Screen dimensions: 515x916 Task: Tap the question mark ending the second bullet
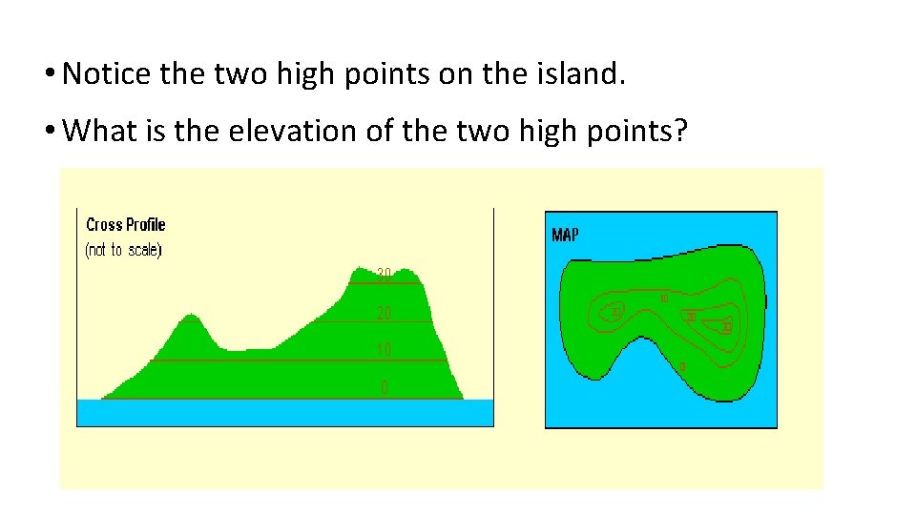point(679,131)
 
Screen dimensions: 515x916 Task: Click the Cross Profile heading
point(125,225)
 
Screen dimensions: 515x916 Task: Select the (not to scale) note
point(124,250)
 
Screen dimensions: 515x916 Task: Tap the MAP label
point(565,235)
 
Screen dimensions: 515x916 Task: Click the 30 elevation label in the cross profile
point(384,275)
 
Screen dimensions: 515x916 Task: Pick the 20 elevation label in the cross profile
point(384,313)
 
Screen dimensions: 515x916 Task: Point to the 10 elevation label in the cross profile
point(384,350)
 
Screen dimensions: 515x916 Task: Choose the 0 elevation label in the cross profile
point(384,387)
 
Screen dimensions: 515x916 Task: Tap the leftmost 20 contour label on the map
point(616,313)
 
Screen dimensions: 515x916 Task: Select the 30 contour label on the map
point(727,327)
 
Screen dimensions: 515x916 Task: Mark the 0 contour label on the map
point(681,366)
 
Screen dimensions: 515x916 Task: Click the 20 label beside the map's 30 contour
point(690,317)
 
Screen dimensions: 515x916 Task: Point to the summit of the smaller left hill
point(191,315)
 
